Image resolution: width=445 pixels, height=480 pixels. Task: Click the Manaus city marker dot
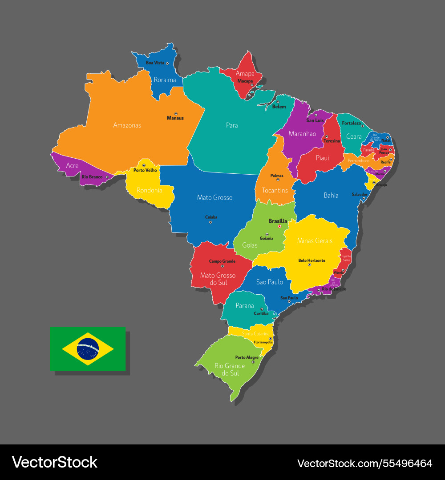[176, 114]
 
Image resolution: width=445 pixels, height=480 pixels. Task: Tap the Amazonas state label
[127, 125]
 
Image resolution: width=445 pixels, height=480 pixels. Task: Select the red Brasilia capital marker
[279, 226]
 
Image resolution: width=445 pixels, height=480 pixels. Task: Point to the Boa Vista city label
[155, 63]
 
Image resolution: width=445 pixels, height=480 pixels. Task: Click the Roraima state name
[165, 80]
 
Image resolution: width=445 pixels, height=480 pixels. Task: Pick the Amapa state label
[245, 73]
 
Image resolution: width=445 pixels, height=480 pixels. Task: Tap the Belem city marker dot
[278, 102]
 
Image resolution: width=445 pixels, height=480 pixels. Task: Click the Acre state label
[72, 165]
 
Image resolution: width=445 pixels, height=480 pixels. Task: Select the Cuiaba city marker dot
[210, 222]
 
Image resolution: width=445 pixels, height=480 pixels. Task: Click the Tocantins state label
[275, 190]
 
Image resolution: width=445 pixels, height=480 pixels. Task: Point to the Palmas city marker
[278, 180]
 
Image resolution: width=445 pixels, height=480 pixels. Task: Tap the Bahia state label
[331, 195]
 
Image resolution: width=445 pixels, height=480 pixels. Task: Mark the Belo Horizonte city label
[311, 260]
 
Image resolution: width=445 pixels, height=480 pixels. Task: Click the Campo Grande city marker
[222, 266]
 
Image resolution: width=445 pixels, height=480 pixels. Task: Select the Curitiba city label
[261, 313]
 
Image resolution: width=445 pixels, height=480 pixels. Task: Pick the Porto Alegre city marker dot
[253, 362]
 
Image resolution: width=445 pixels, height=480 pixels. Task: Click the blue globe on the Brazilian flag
[88, 349]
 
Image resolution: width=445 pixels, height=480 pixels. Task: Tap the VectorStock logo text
[54, 462]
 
